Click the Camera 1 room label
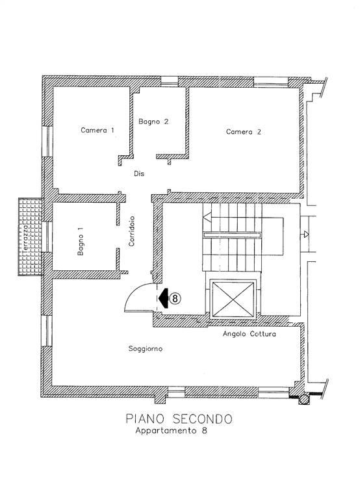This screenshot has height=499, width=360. tap(97, 130)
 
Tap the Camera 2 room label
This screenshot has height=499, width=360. tap(244, 131)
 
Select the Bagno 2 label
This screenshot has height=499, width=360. tap(153, 122)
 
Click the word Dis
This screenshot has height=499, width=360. tap(139, 173)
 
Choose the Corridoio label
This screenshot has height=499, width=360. tap(131, 231)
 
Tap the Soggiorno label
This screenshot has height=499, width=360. tap(146, 349)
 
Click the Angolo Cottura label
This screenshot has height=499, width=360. tap(250, 334)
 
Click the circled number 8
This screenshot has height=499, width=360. tap(175, 298)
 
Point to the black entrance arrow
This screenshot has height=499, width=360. tap(164, 298)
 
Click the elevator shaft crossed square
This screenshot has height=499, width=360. tap(233, 299)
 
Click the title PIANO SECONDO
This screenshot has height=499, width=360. tap(179, 418)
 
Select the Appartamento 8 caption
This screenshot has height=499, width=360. tap(172, 431)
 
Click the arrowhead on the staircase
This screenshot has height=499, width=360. tap(207, 218)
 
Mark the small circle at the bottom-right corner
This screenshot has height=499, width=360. tap(304, 399)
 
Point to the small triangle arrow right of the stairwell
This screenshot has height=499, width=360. tap(306, 235)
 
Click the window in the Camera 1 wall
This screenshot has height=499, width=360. tap(47, 141)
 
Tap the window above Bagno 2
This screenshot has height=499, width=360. tap(170, 82)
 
